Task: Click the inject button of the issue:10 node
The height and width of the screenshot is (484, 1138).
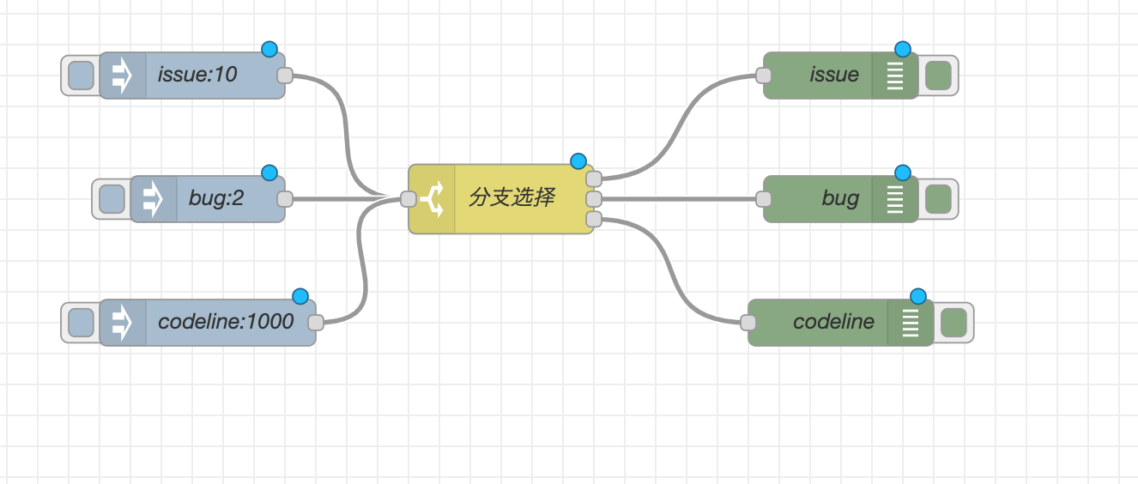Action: (x=81, y=76)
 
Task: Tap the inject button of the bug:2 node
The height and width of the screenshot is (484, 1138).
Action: (x=112, y=199)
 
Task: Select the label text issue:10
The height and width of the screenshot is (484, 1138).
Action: (x=197, y=76)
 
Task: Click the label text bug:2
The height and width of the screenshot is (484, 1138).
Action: (x=216, y=199)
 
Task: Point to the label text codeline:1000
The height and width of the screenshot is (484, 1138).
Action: (x=226, y=323)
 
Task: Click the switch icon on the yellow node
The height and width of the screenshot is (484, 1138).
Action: (x=432, y=199)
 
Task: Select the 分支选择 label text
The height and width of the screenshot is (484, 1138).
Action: (x=511, y=198)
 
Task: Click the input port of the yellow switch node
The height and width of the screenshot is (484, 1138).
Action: (x=409, y=199)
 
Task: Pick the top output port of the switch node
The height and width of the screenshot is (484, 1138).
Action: (x=593, y=178)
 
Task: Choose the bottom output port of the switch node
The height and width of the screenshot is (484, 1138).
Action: (x=593, y=220)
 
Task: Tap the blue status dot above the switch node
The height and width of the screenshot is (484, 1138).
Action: (x=578, y=161)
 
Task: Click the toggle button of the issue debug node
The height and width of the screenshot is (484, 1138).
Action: (x=938, y=76)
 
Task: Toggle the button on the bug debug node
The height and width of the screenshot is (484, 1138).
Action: (x=938, y=199)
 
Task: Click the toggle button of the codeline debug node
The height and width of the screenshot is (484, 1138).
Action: (x=953, y=323)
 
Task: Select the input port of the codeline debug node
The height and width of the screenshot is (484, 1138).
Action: (x=748, y=323)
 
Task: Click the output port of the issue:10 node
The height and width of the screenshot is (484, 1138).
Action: (x=285, y=76)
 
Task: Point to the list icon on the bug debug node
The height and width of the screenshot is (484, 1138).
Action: (x=895, y=199)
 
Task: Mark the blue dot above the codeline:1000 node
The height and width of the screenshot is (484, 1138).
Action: (x=300, y=296)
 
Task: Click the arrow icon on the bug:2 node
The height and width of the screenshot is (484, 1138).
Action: (x=153, y=199)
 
